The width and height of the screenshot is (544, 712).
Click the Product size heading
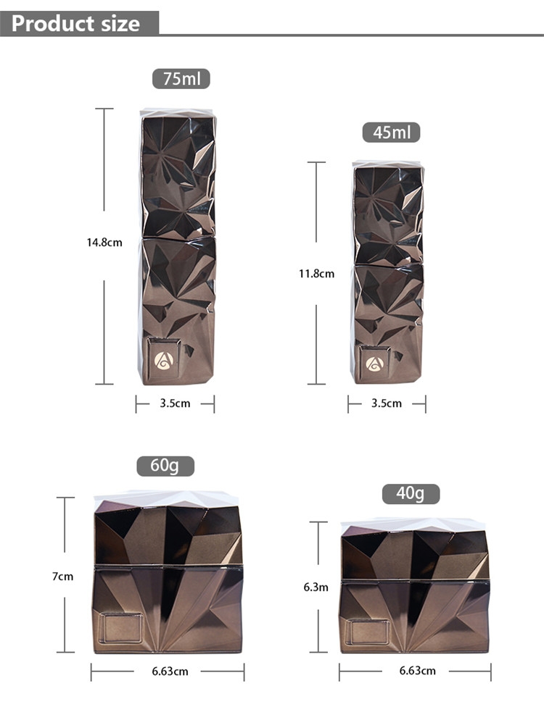point(75,23)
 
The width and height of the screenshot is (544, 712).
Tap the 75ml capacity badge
point(181,78)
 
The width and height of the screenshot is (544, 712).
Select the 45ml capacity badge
point(391,132)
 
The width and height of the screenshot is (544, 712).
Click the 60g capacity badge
point(165,466)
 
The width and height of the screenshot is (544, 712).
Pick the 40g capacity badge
point(411,493)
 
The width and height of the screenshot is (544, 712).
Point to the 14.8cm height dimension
point(104,243)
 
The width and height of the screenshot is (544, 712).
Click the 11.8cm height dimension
point(316,274)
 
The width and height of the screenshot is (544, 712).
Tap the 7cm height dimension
point(63,577)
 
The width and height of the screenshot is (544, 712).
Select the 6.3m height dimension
point(316,587)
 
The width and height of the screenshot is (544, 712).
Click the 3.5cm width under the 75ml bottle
point(175,403)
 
